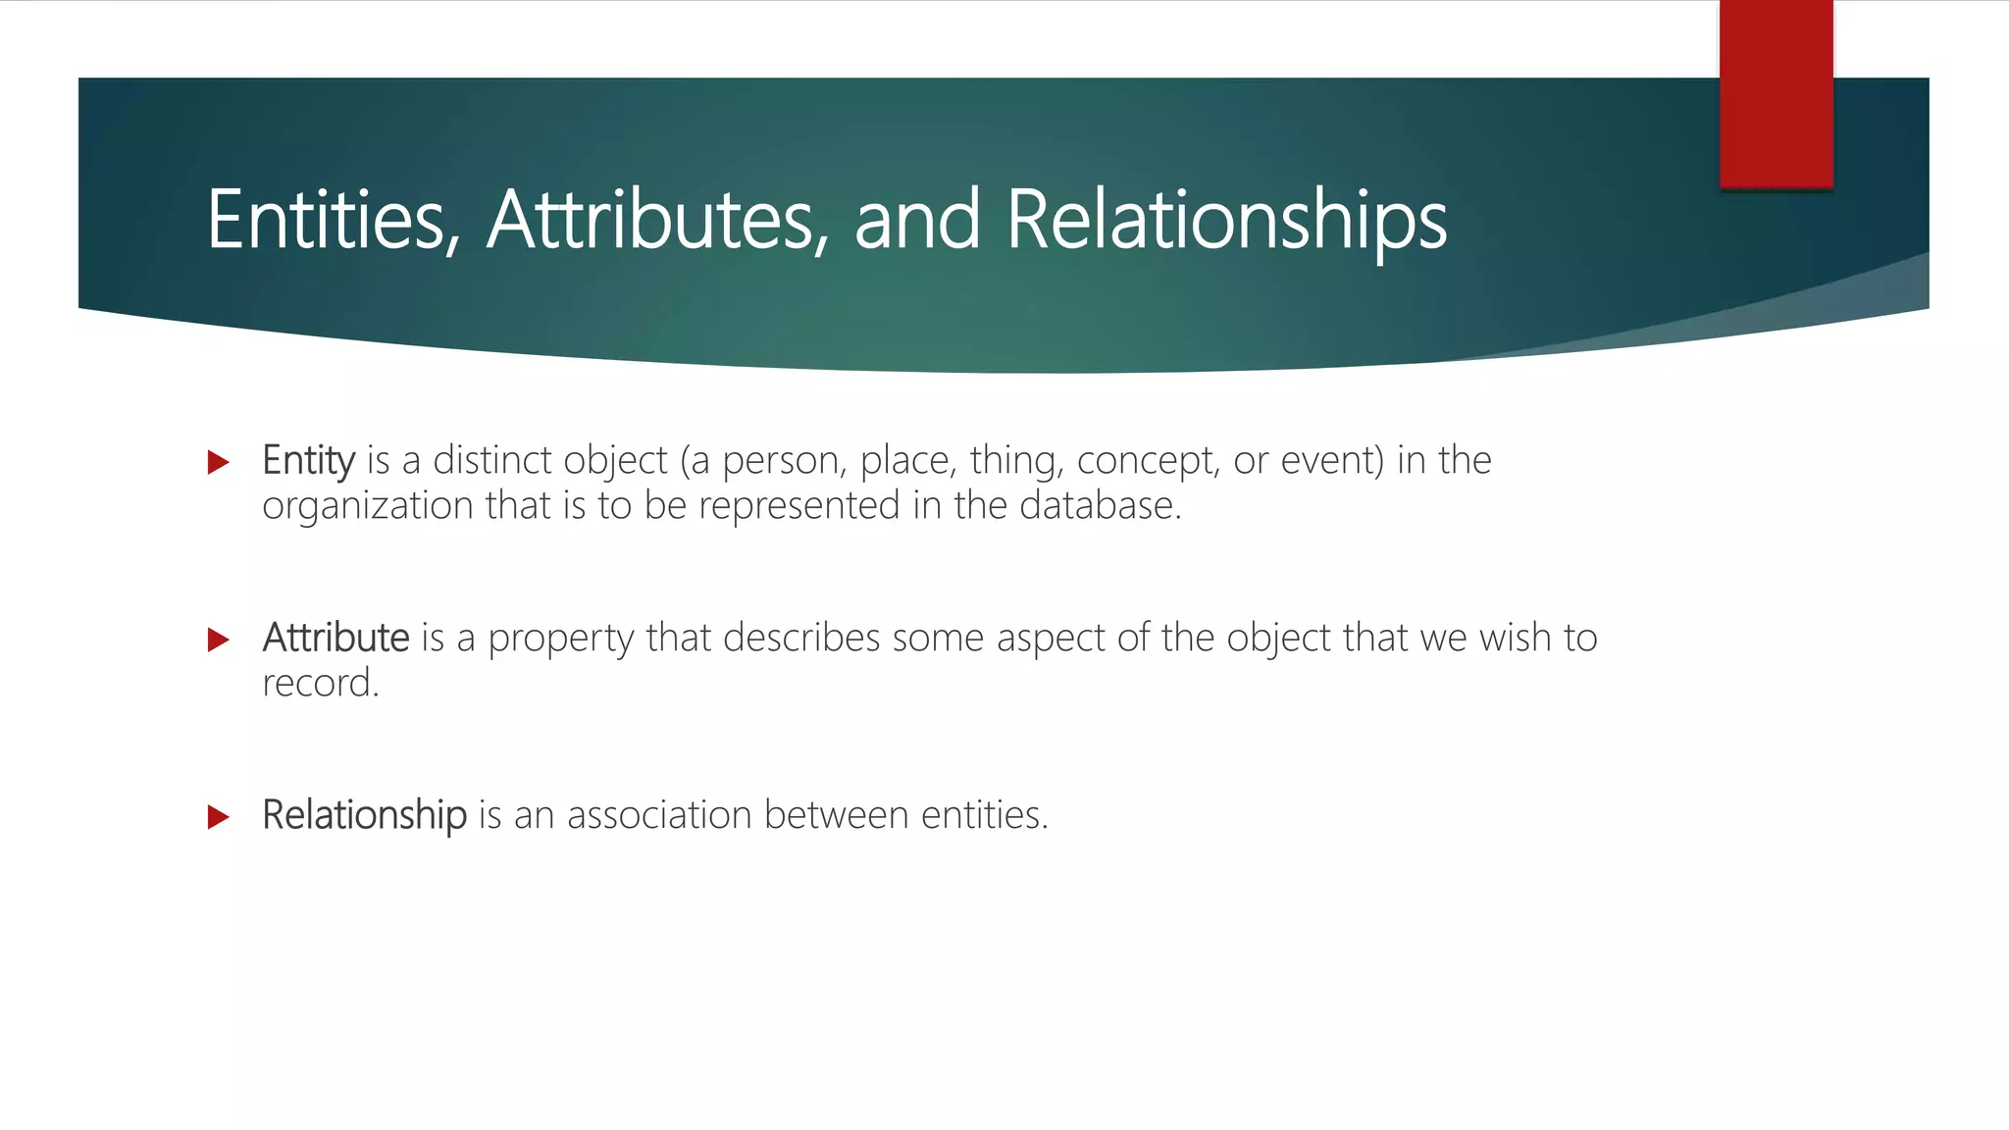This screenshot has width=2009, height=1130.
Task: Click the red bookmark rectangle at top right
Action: click(1776, 93)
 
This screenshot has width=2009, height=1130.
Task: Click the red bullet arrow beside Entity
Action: click(219, 462)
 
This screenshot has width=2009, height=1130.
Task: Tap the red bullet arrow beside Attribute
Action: click(219, 641)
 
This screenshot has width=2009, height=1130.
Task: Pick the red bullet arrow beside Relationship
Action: click(219, 817)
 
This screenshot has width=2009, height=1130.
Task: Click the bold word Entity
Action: click(308, 460)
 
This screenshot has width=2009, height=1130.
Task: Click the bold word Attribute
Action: click(335, 638)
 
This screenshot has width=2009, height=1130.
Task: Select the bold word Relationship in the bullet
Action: click(364, 815)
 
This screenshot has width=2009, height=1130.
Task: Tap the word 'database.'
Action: click(1101, 505)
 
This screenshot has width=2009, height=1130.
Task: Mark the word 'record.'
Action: click(320, 684)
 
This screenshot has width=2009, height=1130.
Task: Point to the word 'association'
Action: click(659, 815)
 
